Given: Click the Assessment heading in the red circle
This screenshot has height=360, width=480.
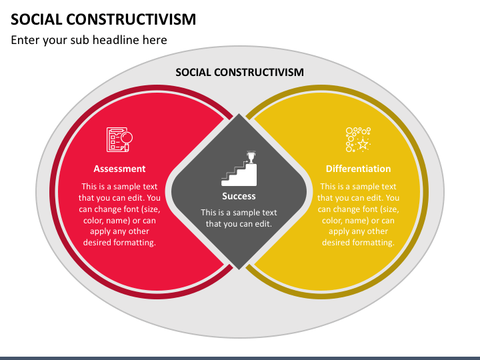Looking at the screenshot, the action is (119, 169).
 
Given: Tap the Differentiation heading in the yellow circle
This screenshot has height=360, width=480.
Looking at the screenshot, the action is (358, 169).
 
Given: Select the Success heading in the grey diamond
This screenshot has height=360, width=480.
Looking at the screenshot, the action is (239, 196).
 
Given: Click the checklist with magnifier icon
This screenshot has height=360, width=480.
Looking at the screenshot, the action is (120, 139).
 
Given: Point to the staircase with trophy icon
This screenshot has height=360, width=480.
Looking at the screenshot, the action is (239, 169).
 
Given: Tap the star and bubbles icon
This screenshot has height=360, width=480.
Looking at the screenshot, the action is (358, 139).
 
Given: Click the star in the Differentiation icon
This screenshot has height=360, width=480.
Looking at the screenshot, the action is (363, 143).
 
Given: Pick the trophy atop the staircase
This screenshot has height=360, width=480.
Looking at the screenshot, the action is (251, 157).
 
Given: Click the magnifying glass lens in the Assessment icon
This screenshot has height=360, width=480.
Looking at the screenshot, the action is (127, 137).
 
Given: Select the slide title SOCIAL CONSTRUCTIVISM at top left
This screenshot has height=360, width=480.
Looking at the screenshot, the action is (103, 19).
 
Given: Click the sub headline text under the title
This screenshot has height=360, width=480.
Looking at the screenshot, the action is (89, 40).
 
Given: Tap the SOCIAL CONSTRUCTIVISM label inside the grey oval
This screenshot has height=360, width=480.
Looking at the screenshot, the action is (240, 72).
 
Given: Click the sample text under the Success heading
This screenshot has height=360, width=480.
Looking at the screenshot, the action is (239, 218).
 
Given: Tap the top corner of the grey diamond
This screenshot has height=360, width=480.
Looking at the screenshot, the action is (239, 113).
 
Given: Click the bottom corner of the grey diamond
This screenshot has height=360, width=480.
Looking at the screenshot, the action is (239, 270).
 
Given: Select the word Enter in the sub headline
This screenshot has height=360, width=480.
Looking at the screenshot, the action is (25, 40).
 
